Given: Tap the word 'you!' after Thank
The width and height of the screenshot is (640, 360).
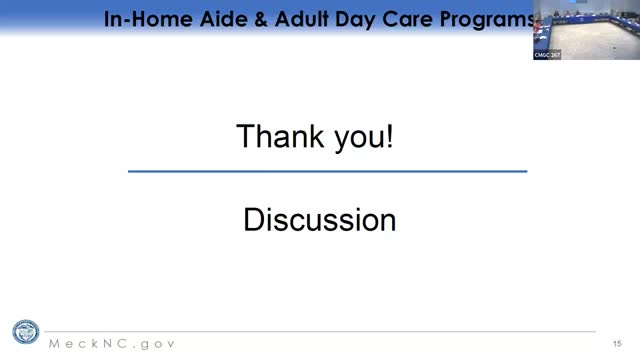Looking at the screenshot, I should tap(359, 137).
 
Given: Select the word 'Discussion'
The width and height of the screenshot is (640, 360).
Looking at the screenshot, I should tap(319, 220).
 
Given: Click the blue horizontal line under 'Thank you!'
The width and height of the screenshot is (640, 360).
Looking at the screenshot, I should tap(327, 172).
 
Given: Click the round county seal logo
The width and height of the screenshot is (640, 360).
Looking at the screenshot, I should tap(25, 333).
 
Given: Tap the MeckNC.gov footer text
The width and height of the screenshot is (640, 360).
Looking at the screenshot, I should tap(112, 343).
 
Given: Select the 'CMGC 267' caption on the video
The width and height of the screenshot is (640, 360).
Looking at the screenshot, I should tap(547, 55).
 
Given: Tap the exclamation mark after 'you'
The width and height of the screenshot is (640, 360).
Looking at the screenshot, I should tap(389, 136).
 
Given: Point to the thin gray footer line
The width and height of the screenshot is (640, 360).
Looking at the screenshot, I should tap(320, 331).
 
